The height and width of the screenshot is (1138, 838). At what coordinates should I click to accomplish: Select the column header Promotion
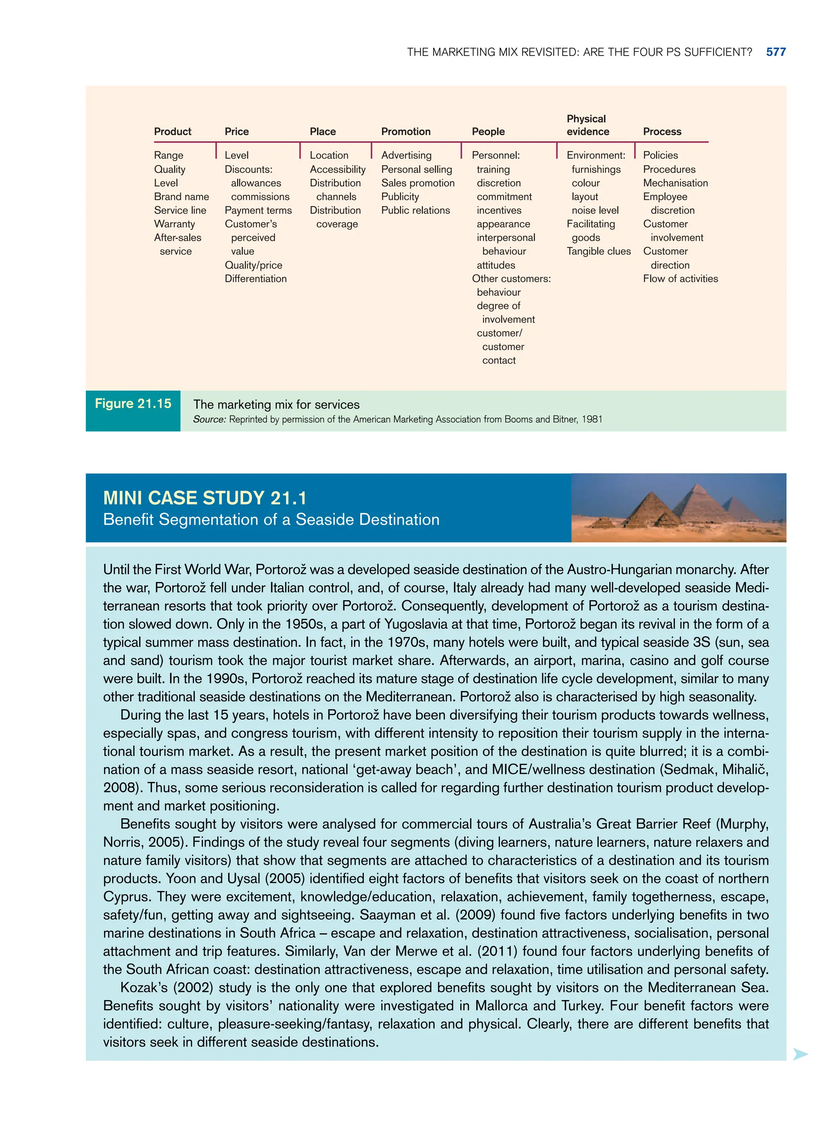point(405,132)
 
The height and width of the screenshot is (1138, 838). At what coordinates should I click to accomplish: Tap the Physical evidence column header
point(588,125)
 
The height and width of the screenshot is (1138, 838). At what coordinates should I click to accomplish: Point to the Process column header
point(662,132)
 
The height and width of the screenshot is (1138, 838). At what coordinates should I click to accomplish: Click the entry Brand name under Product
point(181,197)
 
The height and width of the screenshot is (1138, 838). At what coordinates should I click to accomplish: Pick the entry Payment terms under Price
point(258,210)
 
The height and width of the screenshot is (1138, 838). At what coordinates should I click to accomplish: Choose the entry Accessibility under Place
point(337,169)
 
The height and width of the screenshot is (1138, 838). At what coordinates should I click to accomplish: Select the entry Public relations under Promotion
point(415,210)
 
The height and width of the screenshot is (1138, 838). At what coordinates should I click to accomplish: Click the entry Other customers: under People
point(511,279)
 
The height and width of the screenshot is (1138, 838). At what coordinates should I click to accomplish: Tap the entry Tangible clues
point(599,251)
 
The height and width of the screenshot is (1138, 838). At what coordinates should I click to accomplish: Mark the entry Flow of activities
point(680,279)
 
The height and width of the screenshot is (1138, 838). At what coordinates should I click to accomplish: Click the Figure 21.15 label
point(133,404)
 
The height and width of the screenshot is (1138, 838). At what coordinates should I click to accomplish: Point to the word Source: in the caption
point(209,420)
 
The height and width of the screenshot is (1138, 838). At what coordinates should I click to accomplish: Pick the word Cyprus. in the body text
point(127,897)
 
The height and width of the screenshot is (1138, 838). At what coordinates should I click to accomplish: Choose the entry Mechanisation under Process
point(675,183)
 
